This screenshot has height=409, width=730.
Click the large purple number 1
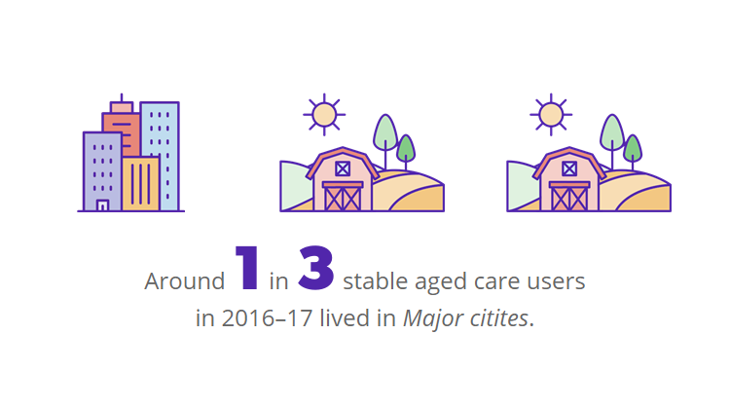pos(247,268)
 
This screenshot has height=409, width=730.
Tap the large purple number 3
pos(316,268)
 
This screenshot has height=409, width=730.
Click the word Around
pos(185,282)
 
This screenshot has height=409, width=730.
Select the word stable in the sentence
pos(377,282)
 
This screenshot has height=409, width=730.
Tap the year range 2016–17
pos(260,318)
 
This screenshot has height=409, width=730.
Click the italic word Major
pos(431,318)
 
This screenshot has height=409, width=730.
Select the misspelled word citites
pos(496,318)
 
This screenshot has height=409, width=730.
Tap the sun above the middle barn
pos(324,115)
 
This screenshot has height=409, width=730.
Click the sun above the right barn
pos(551,115)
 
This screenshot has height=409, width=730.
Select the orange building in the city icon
pos(141,185)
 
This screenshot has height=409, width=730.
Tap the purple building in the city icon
pos(101,170)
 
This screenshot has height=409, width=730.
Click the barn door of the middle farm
pos(343,197)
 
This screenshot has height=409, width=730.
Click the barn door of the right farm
pos(569,197)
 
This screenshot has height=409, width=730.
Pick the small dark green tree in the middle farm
pos(406,149)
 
